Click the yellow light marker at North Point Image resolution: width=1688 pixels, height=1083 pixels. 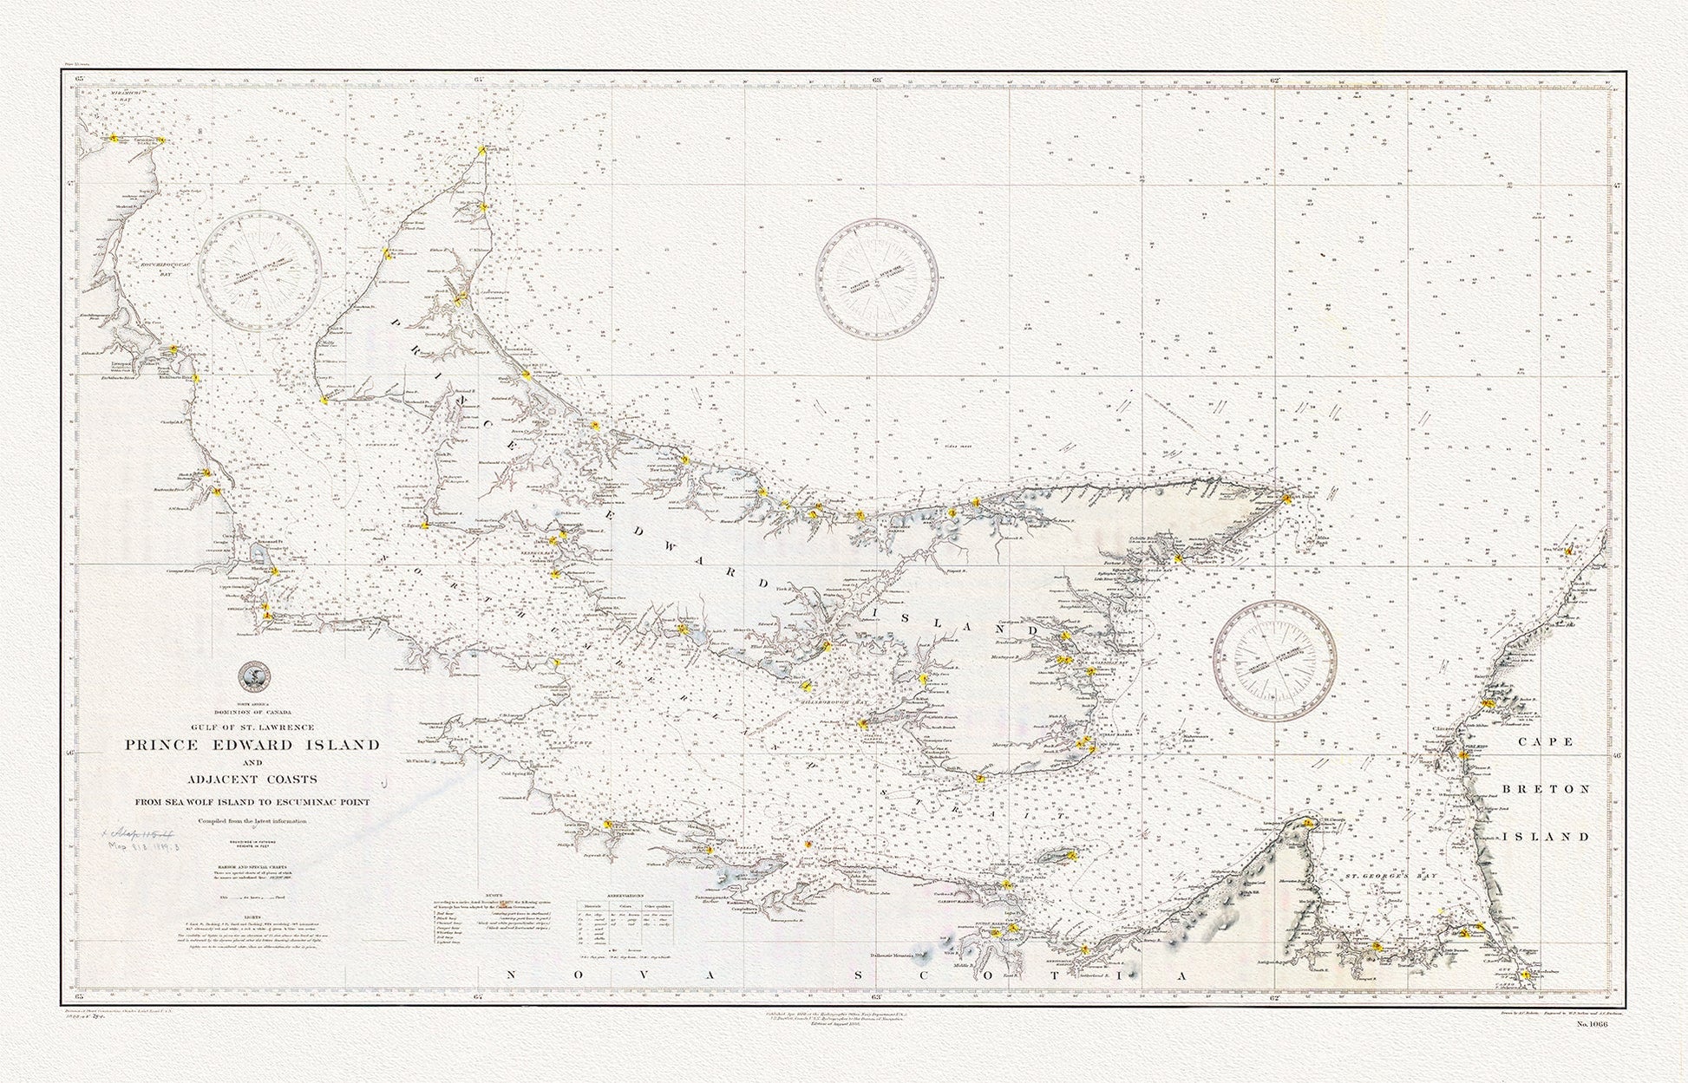tap(482, 150)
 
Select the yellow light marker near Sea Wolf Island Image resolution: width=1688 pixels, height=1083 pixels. tap(1569, 549)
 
